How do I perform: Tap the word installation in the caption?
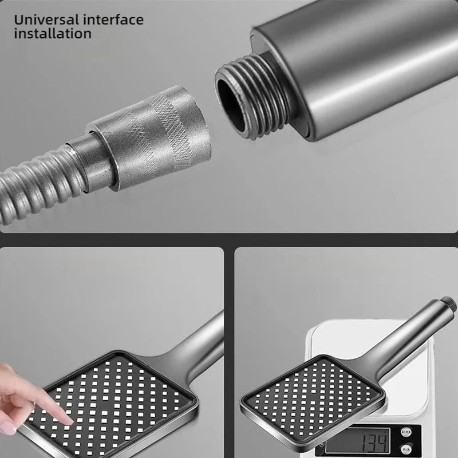coord(53,34)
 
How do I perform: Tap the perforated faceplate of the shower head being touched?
coord(120,401)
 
